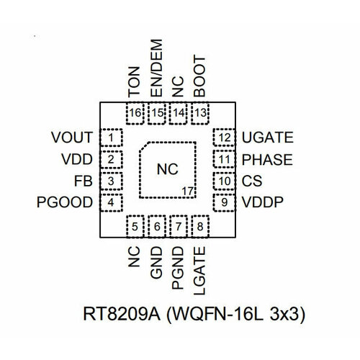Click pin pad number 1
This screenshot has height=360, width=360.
[111, 137]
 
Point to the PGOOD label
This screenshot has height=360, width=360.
[63, 203]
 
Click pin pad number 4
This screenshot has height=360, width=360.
[111, 203]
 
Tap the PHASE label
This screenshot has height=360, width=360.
[267, 159]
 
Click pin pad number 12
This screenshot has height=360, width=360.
[225, 137]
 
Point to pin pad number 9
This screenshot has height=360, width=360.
[225, 203]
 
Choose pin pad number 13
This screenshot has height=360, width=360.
[200, 112]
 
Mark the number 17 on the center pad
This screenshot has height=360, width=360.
[187, 191]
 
